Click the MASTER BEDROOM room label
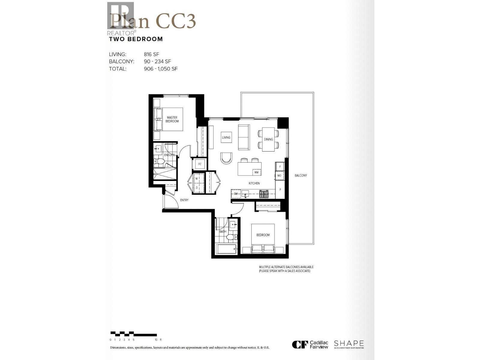[172, 119]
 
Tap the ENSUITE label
[169, 155]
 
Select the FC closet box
[200, 164]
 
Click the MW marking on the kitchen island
[256, 172]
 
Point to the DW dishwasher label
[236, 194]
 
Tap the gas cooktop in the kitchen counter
[264, 194]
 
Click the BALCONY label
[301, 175]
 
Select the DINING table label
[268, 139]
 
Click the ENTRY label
[184, 200]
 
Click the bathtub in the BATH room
[226, 249]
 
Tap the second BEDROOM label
[263, 235]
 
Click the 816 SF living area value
[151, 54]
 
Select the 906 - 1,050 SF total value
[160, 69]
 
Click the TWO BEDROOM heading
[136, 39]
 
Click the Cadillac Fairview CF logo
[300, 345]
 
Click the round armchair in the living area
[226, 158]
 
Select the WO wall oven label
[279, 175]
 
